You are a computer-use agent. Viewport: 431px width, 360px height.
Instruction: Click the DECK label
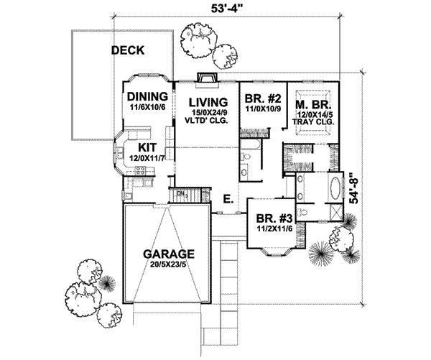128,51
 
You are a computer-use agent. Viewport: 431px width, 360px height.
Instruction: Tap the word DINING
147,96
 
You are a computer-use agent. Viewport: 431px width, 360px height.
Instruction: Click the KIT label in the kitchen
138,147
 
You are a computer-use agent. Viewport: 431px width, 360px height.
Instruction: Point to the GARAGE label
168,254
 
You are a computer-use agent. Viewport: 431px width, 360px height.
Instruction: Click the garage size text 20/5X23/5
168,264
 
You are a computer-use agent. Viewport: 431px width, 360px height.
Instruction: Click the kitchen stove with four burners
142,172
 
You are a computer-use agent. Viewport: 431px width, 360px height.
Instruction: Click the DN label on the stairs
181,193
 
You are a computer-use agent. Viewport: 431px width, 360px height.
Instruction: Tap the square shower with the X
335,213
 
